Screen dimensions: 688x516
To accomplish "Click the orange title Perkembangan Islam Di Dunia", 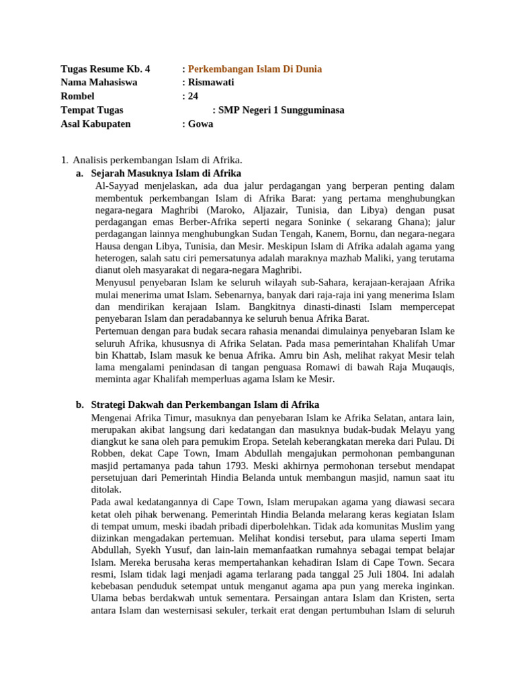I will tap(255, 69).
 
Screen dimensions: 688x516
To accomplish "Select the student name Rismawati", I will tap(211, 82).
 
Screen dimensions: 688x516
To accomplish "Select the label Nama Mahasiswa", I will tap(99, 82).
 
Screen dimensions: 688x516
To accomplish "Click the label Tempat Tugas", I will tap(92, 110).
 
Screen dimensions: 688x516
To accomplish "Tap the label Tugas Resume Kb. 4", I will tap(105, 69).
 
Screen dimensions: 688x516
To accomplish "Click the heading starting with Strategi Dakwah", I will tap(205, 404).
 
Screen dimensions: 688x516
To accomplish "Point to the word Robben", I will tap(114, 453).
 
